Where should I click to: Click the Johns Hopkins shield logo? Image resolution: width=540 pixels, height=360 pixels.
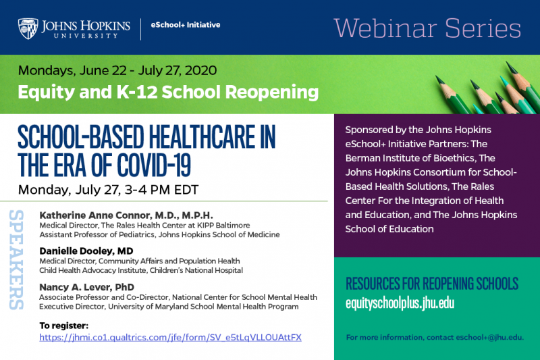point(28,28)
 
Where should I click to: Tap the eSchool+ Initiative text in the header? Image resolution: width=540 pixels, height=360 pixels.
point(185,25)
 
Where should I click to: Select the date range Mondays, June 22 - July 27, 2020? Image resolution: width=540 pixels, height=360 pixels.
point(117,70)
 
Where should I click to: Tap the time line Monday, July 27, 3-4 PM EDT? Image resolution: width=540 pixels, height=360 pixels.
point(108,190)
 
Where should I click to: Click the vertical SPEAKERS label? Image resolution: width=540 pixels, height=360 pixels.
point(16,260)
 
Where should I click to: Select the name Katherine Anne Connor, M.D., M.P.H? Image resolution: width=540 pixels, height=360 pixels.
point(126,215)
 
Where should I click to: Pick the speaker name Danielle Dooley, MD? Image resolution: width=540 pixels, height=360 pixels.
point(86,251)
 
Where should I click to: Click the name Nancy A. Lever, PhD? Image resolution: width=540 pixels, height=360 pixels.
point(87,287)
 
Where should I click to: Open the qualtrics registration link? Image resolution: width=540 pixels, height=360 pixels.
point(171,337)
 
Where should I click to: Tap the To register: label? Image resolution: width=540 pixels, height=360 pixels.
point(63,326)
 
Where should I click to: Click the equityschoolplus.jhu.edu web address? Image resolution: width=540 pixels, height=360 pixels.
point(400,303)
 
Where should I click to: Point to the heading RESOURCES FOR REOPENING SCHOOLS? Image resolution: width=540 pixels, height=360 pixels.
point(432,284)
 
